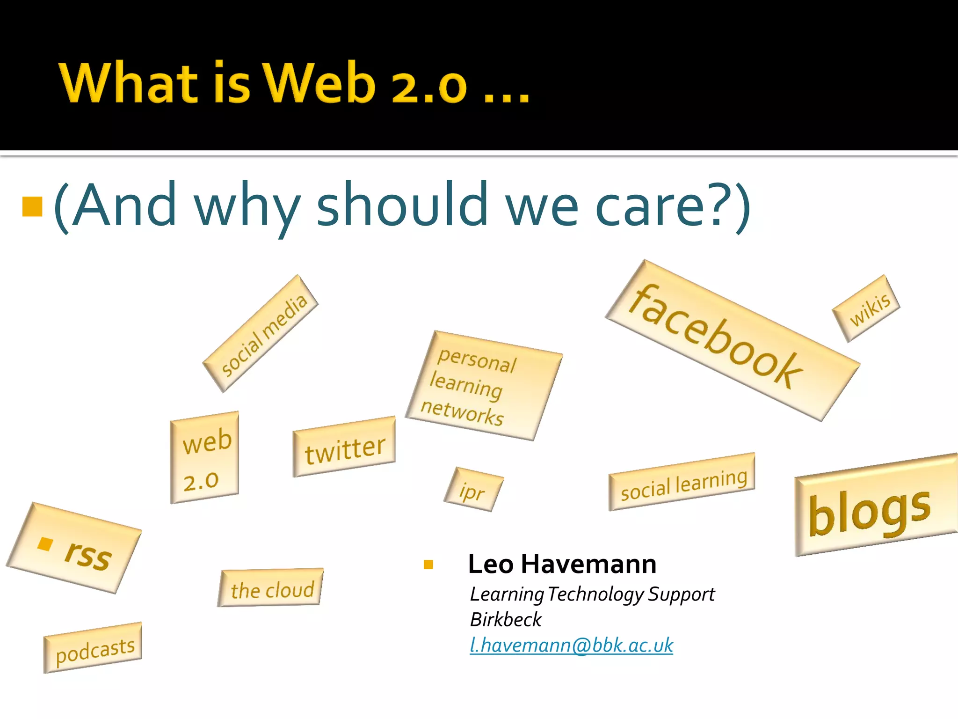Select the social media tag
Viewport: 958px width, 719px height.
tap(261, 333)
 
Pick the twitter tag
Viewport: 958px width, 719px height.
tap(344, 447)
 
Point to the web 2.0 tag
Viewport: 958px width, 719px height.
tap(204, 458)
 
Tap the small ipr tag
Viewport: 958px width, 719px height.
tap(473, 490)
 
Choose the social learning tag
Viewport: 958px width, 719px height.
tap(682, 482)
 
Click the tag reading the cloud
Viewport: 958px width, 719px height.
tap(271, 588)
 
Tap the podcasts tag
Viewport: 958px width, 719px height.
tap(93, 648)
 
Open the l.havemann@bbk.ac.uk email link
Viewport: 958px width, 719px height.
tap(571, 645)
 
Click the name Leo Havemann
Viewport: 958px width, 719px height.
tap(562, 564)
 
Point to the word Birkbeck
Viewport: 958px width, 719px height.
tap(506, 619)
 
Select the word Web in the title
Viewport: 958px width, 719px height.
tap(319, 83)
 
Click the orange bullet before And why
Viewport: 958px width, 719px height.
tap(33, 206)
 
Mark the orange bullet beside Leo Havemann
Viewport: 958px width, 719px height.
tap(428, 565)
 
